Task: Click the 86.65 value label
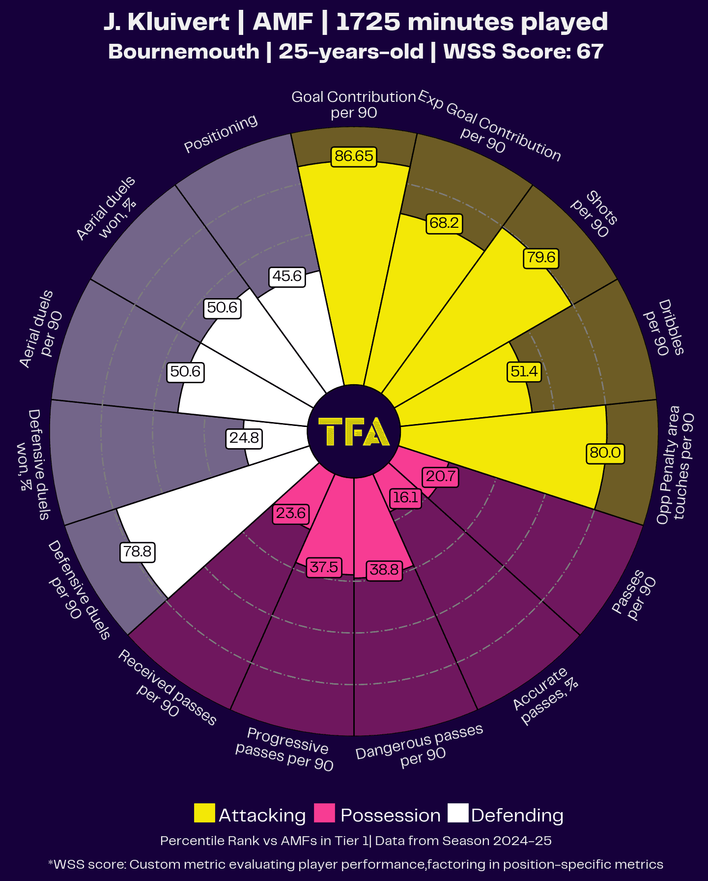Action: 354,156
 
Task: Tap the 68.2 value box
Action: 444,223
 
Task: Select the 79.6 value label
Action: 541,257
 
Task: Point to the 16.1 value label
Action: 405,498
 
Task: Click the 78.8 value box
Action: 138,551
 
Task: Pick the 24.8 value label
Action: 244,438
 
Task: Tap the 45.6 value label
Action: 287,276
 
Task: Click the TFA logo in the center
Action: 354,432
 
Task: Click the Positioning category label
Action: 221,133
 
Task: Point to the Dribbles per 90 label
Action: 664,328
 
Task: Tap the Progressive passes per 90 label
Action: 285,749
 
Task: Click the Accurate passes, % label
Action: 545,695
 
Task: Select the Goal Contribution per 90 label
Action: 354,105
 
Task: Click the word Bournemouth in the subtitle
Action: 184,52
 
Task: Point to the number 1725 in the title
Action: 368,22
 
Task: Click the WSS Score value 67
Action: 590,52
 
